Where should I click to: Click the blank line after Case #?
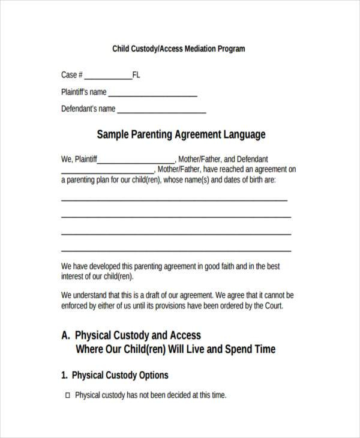point(108,78)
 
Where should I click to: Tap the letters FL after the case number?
point(136,75)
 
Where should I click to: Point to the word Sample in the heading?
point(112,134)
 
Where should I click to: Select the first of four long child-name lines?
point(174,200)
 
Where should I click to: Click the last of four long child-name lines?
point(176,250)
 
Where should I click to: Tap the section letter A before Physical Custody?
point(65,335)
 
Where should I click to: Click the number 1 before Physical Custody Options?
point(64,375)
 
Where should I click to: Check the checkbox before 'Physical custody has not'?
point(67,395)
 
